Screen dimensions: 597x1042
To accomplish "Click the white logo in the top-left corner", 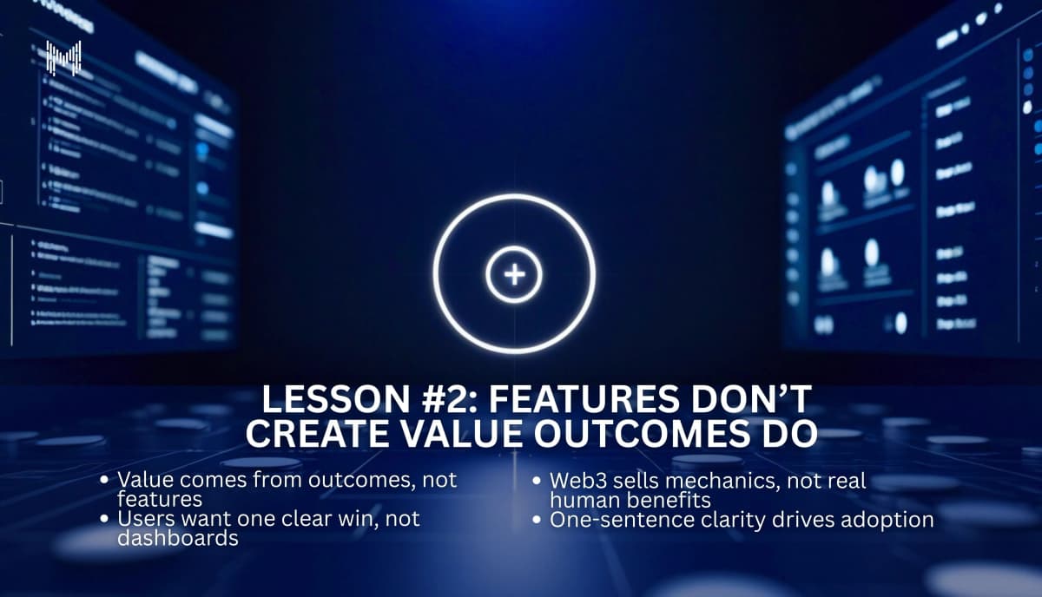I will click(63, 58).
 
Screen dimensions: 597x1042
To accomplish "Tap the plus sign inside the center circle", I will click(514, 275).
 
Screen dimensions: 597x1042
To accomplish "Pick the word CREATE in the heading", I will click(309, 434).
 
